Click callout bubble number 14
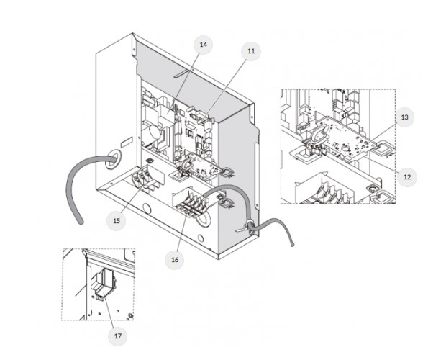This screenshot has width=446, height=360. [203, 45]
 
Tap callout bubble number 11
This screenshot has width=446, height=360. [251, 51]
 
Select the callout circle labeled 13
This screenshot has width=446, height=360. [404, 117]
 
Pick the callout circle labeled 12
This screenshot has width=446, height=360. [407, 177]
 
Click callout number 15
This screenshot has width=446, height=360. [117, 221]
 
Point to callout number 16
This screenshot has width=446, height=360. [175, 259]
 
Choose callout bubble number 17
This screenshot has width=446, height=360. [118, 336]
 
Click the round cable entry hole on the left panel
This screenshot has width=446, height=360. [111, 158]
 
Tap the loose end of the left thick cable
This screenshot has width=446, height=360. [81, 222]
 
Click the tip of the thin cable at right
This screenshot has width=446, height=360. [292, 244]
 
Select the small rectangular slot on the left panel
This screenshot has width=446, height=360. [127, 143]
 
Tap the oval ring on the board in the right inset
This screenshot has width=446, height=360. [318, 135]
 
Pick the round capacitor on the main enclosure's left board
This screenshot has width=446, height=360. [154, 132]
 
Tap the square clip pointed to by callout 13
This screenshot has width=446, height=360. [384, 149]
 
